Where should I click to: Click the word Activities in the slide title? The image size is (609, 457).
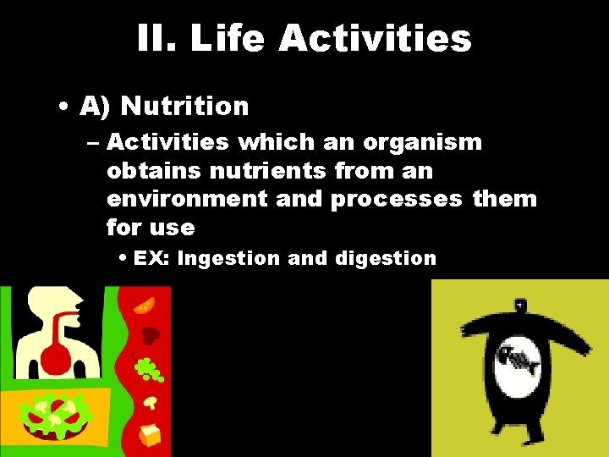[x=375, y=38]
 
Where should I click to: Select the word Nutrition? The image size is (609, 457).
[x=184, y=107]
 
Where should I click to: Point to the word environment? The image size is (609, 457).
[x=215, y=199]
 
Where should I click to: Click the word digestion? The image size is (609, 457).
[x=386, y=259]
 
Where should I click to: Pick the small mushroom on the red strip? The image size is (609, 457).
[x=151, y=400]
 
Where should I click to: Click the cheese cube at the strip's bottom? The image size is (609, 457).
[x=150, y=435]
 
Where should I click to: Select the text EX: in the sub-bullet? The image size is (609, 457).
[x=153, y=258]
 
